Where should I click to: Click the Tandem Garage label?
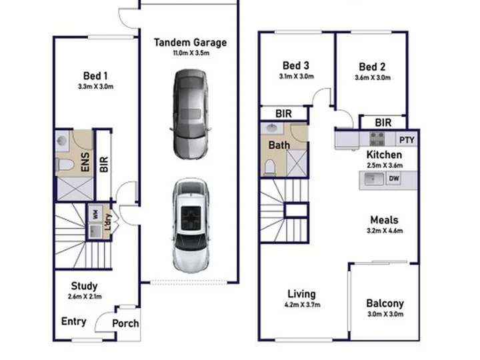click(x=190, y=43)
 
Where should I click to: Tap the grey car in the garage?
click(x=190, y=114)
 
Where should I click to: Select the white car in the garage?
click(x=191, y=225)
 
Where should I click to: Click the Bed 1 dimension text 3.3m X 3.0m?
click(x=95, y=87)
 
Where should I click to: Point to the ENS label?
click(x=85, y=162)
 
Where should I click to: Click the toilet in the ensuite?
click(x=65, y=165)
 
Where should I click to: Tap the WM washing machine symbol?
click(x=95, y=214)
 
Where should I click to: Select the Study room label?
click(x=84, y=286)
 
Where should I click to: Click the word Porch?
click(x=125, y=323)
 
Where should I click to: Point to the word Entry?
click(x=74, y=321)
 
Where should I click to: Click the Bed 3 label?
click(x=296, y=65)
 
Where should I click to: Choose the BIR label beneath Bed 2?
click(x=383, y=123)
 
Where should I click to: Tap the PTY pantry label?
click(x=407, y=140)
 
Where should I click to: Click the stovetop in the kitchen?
click(x=377, y=139)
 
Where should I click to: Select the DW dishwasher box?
click(x=394, y=178)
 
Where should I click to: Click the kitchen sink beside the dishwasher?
click(x=373, y=179)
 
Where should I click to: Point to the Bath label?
click(x=279, y=145)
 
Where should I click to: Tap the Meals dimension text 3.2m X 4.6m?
click(x=385, y=231)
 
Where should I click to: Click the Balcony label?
click(x=385, y=303)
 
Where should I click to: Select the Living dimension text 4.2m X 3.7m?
click(x=302, y=305)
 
